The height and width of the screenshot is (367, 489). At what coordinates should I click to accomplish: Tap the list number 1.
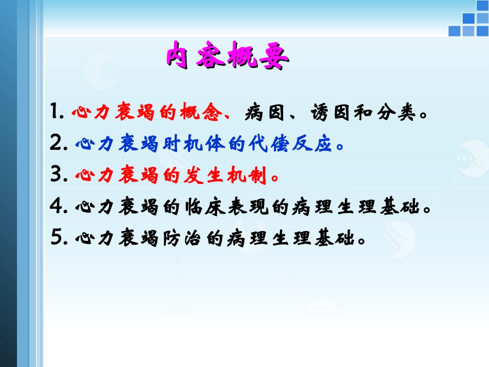[56, 112]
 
